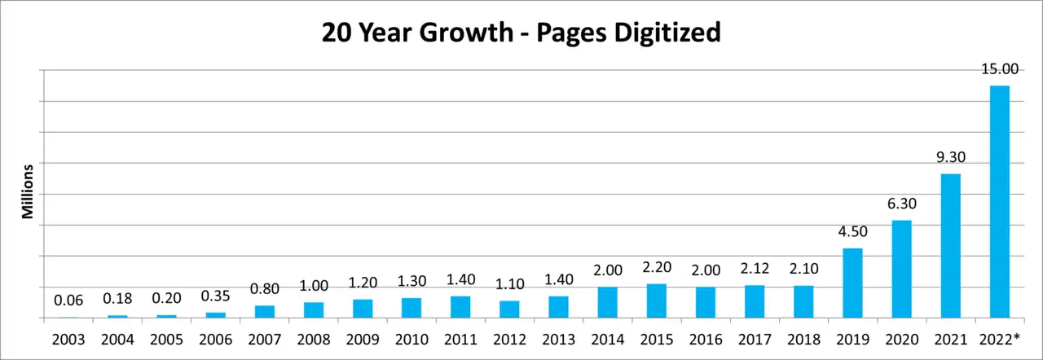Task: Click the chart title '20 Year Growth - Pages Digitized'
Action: pos(521,33)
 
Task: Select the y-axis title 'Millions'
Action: pos(28,191)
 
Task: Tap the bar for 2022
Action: pos(1000,202)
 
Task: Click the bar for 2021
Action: pos(951,246)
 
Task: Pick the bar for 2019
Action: pos(852,283)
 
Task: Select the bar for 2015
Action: pos(657,301)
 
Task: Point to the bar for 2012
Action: pos(509,310)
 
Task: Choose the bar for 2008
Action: pos(314,310)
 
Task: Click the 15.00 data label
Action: pos(1000,69)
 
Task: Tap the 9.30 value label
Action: pos(951,157)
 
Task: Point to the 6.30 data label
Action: pos(901,204)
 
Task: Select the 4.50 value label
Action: pos(852,231)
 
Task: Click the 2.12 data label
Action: pos(755,269)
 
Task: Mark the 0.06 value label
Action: pos(68,301)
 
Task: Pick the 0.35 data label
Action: pos(216,296)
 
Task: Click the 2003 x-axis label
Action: pos(68,340)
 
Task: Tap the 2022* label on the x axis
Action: pos(999,340)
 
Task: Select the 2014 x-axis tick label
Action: pos(608,340)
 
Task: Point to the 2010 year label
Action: pos(411,340)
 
